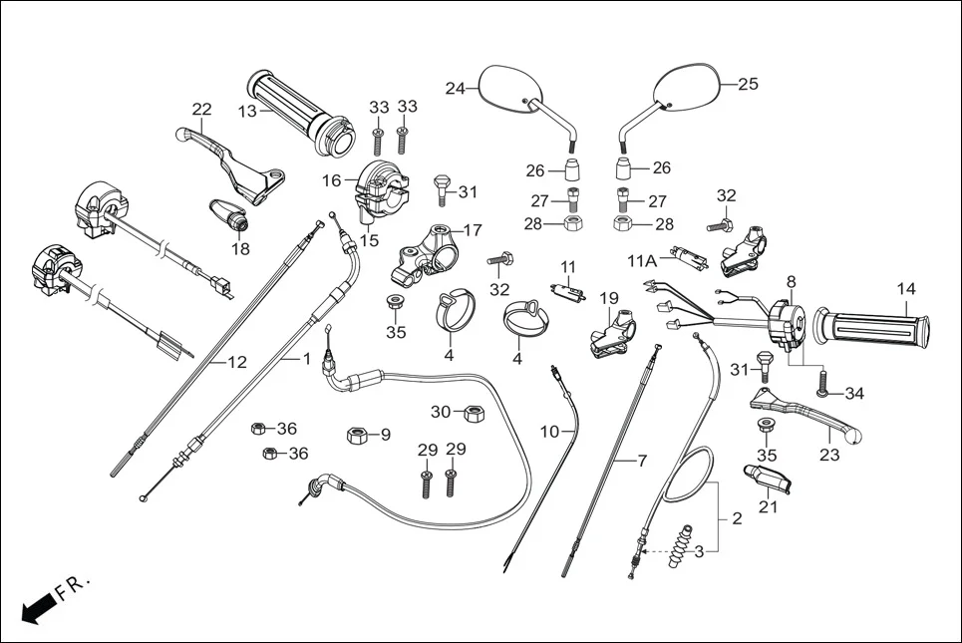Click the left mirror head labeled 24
(507, 89)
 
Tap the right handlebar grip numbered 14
(873, 326)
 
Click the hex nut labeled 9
(357, 435)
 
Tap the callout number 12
(236, 363)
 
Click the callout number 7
(643, 461)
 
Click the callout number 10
(550, 432)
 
